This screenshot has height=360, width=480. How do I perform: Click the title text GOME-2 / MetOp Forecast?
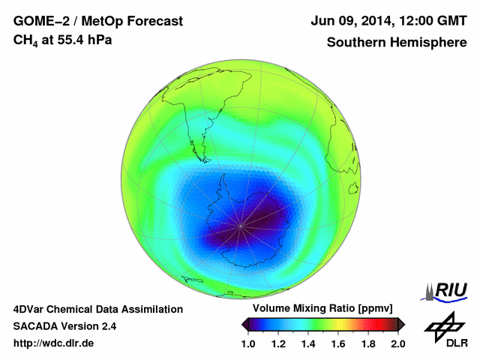[x=97, y=22]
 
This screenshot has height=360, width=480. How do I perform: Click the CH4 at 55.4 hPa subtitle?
[x=63, y=40]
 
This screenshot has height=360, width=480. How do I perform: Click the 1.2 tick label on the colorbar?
[x=279, y=343]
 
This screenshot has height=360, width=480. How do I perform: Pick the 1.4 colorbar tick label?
[x=308, y=343]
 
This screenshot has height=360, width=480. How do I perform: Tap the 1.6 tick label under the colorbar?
[x=338, y=343]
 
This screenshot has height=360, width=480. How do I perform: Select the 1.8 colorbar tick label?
[x=367, y=343]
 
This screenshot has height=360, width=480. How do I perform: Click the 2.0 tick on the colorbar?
[x=397, y=343]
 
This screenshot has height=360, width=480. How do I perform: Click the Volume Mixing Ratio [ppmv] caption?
[x=323, y=309]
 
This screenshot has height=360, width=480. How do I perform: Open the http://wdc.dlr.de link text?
[x=54, y=343]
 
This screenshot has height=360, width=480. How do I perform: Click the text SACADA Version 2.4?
[x=64, y=326]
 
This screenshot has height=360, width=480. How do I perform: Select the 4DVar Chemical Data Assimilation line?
[x=97, y=309]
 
